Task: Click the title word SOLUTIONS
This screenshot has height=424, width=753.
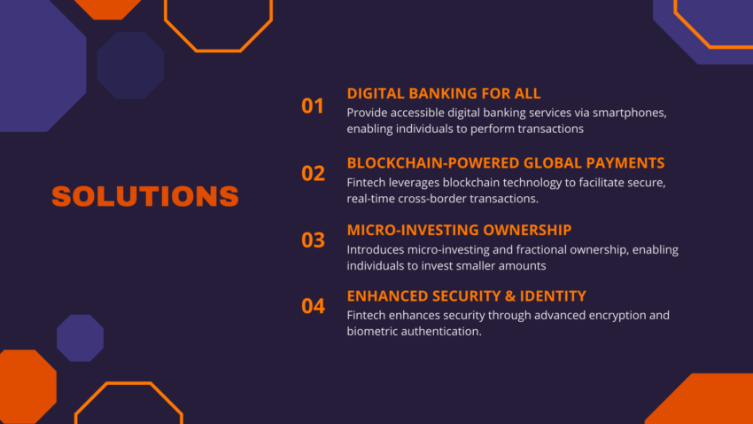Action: [145, 196]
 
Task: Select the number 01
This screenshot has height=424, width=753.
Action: [313, 106]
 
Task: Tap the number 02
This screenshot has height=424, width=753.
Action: [313, 173]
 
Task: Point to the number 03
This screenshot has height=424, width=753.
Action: [313, 239]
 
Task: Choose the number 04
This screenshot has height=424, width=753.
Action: [313, 306]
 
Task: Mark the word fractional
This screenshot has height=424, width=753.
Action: [532, 249]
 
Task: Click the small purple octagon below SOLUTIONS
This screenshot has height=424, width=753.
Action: [81, 338]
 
